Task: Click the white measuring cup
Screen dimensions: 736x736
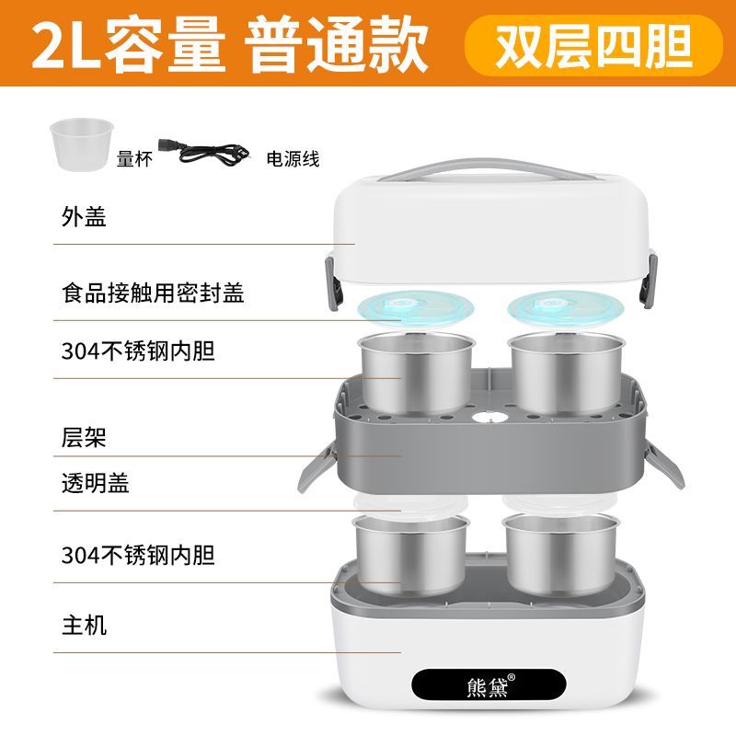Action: [x=82, y=144]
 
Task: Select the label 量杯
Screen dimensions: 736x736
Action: [x=134, y=159]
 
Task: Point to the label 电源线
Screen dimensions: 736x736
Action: [x=293, y=159]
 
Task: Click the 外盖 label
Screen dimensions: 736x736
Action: [x=84, y=217]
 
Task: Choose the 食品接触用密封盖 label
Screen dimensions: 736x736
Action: [x=153, y=293]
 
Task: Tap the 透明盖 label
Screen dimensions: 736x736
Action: [x=96, y=483]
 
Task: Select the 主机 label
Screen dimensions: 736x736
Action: [x=85, y=626]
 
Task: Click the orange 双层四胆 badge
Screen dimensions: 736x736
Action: [x=593, y=45]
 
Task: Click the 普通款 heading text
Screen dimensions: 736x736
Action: [x=336, y=44]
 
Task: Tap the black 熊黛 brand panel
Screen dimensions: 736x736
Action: [x=489, y=684]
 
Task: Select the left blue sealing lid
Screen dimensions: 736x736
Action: [x=415, y=309]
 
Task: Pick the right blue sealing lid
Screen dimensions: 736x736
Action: [x=565, y=309]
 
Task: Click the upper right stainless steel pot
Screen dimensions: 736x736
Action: [x=565, y=374]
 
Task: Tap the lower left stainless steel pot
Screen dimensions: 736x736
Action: [x=411, y=555]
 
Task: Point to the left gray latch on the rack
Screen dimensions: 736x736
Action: [x=316, y=467]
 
